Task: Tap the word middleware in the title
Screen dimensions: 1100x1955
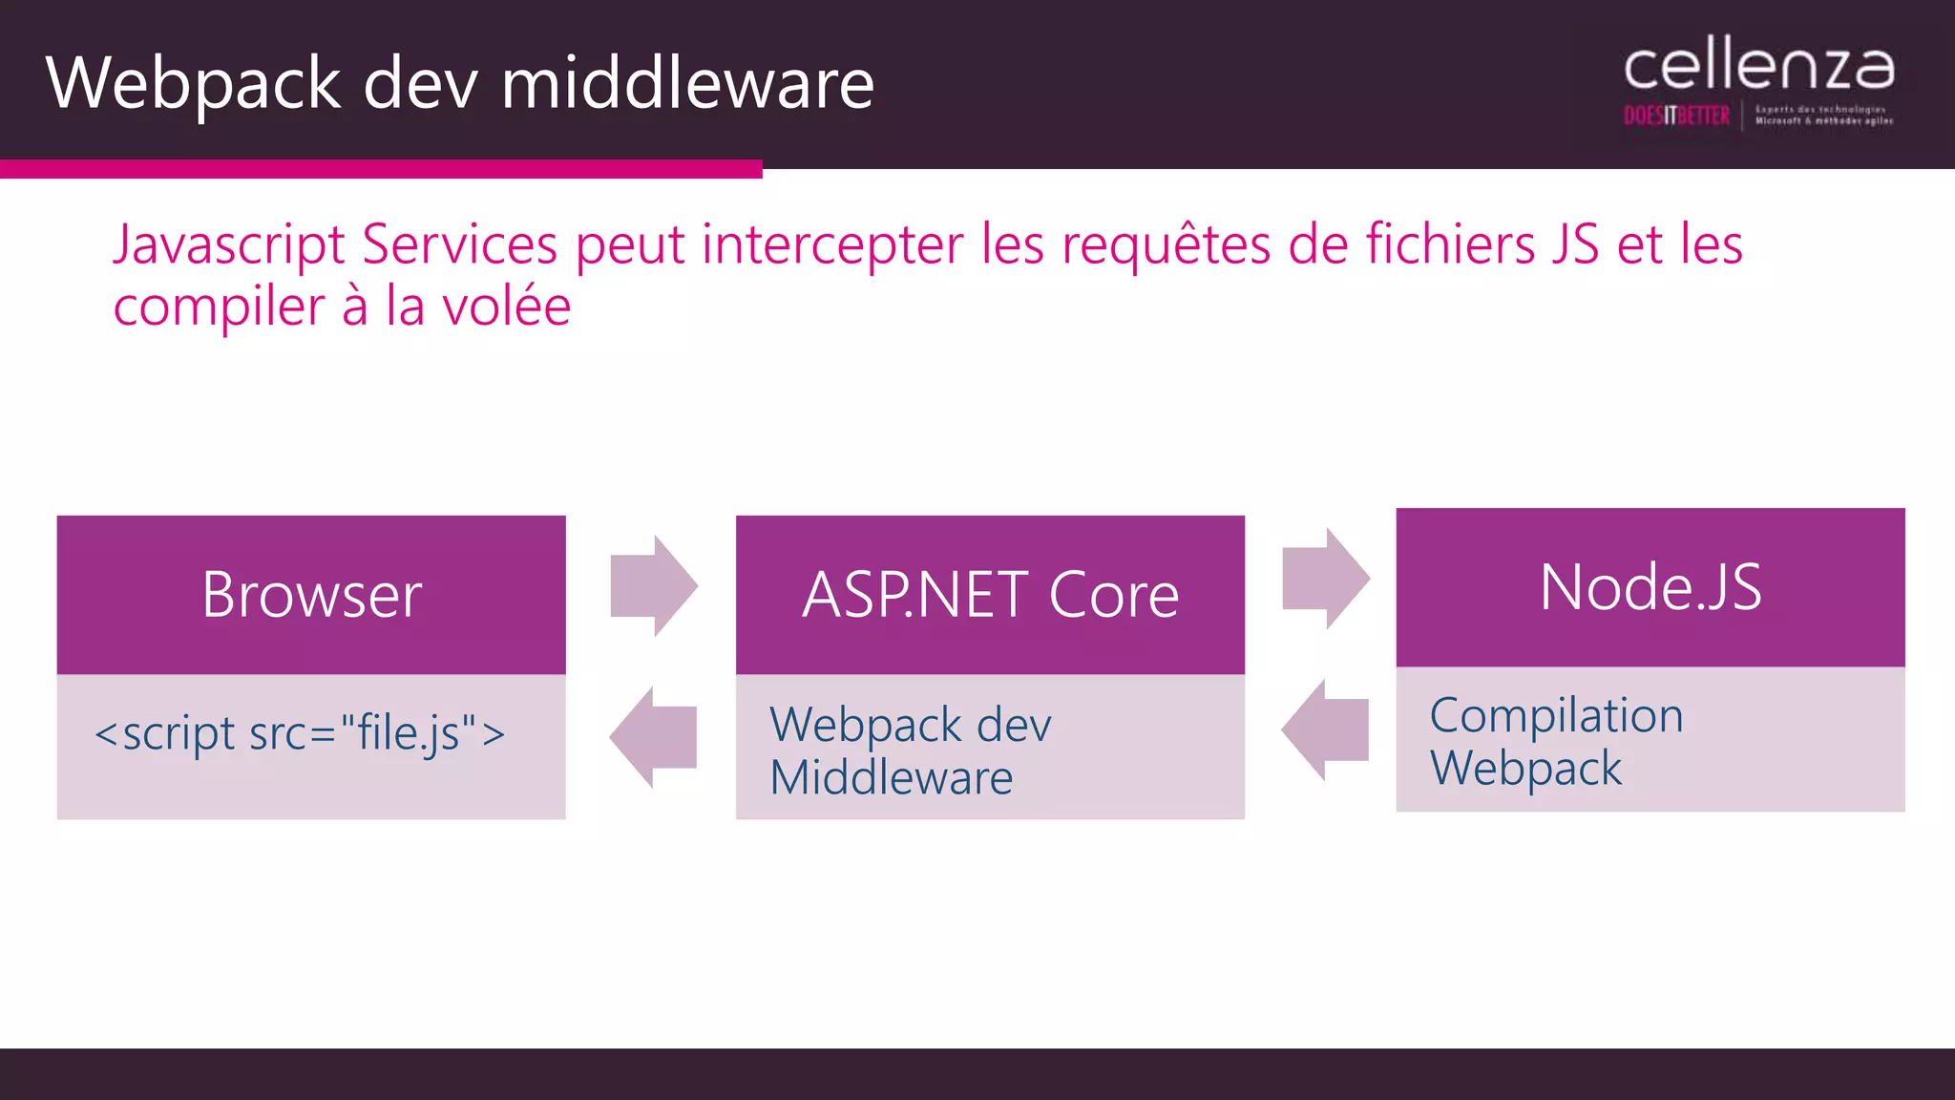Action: click(687, 84)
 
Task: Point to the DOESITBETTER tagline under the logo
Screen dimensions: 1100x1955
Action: click(1676, 116)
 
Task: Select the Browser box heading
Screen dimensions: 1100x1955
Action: click(311, 595)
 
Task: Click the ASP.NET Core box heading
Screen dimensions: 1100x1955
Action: click(990, 595)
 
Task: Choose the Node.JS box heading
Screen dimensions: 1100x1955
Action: click(1650, 587)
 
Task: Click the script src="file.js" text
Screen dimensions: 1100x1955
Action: click(300, 733)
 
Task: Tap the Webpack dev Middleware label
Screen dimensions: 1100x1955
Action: click(910, 751)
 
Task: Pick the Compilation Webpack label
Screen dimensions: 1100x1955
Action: click(1556, 741)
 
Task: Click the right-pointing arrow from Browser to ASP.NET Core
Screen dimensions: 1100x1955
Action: click(654, 585)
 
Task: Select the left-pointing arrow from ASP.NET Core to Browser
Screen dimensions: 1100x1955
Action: click(654, 737)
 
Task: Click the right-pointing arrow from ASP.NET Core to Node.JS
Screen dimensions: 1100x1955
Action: click(1326, 578)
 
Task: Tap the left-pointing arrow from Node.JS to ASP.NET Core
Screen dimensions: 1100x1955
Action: click(1326, 730)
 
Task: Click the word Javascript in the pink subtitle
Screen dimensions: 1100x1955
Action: click(229, 244)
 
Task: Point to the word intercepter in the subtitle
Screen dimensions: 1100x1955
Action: click(832, 244)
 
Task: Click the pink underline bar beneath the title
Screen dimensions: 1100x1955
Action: click(381, 169)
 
